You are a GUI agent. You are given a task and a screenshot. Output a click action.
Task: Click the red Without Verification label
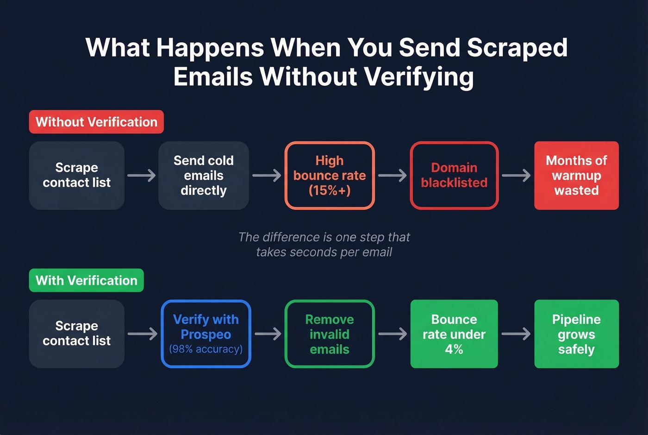[96, 122]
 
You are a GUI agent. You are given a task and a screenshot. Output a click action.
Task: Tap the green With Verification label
[87, 280]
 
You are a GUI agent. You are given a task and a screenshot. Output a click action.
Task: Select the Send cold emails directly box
[204, 176]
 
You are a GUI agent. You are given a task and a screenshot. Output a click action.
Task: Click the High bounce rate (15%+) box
[330, 176]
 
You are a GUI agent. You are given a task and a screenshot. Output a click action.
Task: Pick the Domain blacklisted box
[454, 176]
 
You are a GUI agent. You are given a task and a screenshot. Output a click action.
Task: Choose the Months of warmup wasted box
[576, 176]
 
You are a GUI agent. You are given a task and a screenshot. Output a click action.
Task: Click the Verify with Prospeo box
[206, 334]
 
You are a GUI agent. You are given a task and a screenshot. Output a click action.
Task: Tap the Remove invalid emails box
[330, 334]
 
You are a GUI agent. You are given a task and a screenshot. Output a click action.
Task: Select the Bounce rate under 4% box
[454, 334]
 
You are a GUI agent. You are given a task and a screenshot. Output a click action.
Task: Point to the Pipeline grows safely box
[576, 334]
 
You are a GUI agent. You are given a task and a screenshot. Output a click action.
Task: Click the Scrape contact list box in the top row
[77, 176]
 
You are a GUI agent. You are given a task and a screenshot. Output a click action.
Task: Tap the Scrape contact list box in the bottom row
[77, 334]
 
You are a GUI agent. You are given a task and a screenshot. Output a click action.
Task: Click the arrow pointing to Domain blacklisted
[393, 176]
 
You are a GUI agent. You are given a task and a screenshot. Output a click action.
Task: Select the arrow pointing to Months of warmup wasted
[516, 176]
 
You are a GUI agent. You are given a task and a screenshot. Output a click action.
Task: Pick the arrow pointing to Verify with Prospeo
[143, 334]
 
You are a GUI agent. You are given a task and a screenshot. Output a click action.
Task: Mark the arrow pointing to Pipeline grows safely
[516, 334]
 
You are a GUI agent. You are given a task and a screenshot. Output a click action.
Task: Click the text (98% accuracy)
[206, 349]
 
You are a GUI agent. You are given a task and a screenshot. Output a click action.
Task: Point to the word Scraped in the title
[517, 48]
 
